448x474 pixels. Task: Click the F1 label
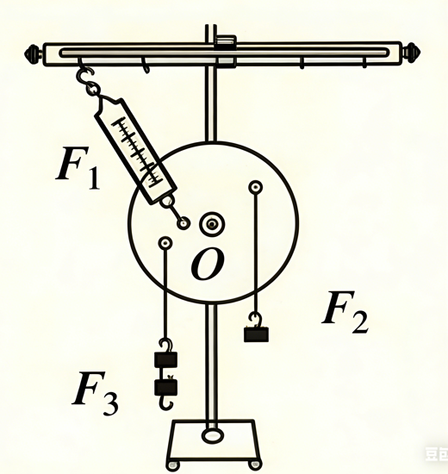(78, 167)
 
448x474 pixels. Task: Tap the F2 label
(345, 312)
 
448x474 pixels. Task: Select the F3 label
(96, 392)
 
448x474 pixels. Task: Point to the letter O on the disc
(208, 265)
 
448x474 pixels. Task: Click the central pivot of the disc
(212, 224)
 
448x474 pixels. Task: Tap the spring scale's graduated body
(136, 151)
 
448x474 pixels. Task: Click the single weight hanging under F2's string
(257, 334)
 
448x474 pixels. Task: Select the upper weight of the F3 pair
(165, 359)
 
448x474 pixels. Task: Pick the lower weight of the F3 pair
(165, 388)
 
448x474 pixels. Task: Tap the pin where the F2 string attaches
(255, 187)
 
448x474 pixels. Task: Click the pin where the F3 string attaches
(165, 243)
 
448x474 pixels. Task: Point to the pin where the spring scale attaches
(184, 224)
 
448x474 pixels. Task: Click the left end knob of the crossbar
(34, 53)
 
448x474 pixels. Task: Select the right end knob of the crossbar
(411, 52)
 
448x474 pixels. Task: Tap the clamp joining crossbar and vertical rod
(226, 51)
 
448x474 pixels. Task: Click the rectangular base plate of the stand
(214, 440)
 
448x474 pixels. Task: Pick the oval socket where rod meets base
(213, 436)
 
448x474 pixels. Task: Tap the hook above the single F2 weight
(255, 320)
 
